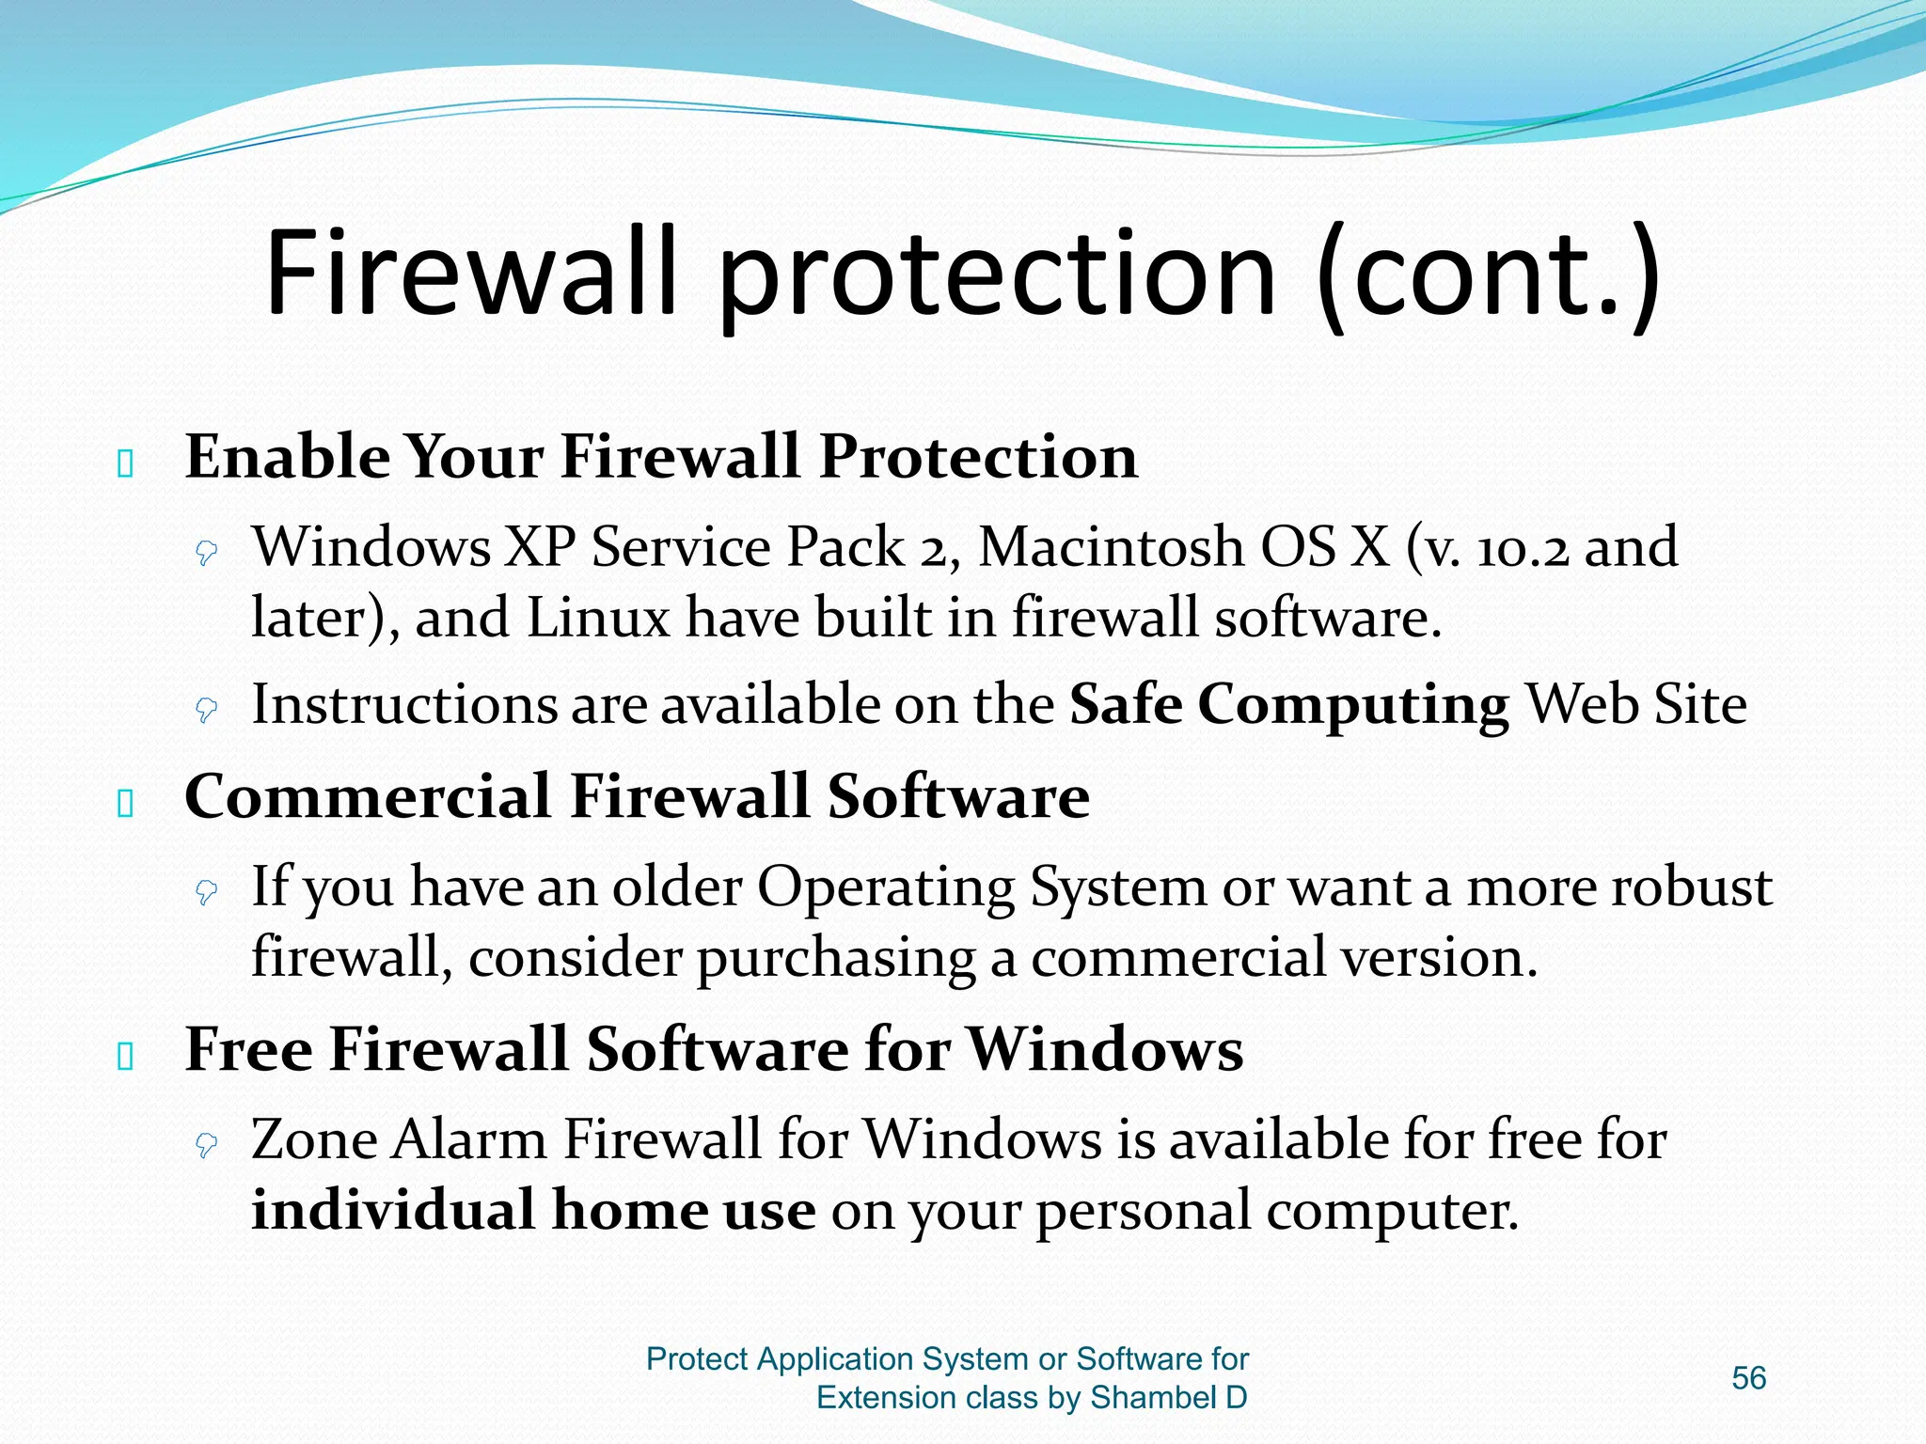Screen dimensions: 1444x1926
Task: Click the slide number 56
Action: pyautogui.click(x=1748, y=1377)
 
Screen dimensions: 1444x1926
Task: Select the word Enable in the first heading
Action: pyautogui.click(x=287, y=457)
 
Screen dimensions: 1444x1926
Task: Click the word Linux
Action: pyautogui.click(x=597, y=619)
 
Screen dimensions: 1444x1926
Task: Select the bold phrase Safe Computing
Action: pyautogui.click(x=1288, y=705)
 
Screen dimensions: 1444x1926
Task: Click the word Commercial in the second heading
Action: pyautogui.click(x=367, y=796)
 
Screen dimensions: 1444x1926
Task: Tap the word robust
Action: pyautogui.click(x=1691, y=887)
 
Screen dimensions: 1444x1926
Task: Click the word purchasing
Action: pyautogui.click(x=835, y=959)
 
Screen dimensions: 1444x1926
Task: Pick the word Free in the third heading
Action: pyautogui.click(x=248, y=1049)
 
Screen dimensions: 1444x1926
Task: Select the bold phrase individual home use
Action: pyautogui.click(x=533, y=1211)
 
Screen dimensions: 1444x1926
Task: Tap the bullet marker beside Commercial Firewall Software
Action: pyautogui.click(x=125, y=804)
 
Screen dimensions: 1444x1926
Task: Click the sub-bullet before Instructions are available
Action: pyautogui.click(x=206, y=710)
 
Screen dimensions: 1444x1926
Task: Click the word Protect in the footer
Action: pyautogui.click(x=697, y=1359)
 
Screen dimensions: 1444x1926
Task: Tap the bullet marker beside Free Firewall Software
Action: pyautogui.click(x=125, y=1057)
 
